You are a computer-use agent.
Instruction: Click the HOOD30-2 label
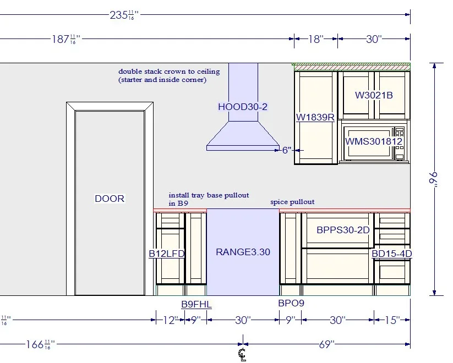[243, 107]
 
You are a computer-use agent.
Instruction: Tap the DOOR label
[110, 199]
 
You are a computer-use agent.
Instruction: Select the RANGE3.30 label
[243, 252]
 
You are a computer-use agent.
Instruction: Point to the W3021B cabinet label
[374, 95]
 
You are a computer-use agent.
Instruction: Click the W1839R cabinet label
[315, 117]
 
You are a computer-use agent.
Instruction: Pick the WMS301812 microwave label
[374, 141]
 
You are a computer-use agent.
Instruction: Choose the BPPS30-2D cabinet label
[343, 230]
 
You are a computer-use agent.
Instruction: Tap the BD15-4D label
[392, 254]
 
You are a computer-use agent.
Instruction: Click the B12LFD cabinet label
[167, 254]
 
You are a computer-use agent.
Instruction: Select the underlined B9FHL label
[197, 304]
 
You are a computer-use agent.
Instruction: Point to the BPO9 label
[291, 303]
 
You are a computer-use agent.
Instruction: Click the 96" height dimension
[433, 179]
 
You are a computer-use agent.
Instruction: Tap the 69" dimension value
[327, 344]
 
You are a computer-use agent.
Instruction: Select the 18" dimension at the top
[316, 39]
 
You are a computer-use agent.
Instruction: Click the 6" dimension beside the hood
[287, 150]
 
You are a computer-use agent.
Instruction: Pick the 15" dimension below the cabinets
[392, 320]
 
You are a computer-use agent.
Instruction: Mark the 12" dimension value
[171, 320]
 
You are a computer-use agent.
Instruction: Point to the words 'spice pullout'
[292, 202]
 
